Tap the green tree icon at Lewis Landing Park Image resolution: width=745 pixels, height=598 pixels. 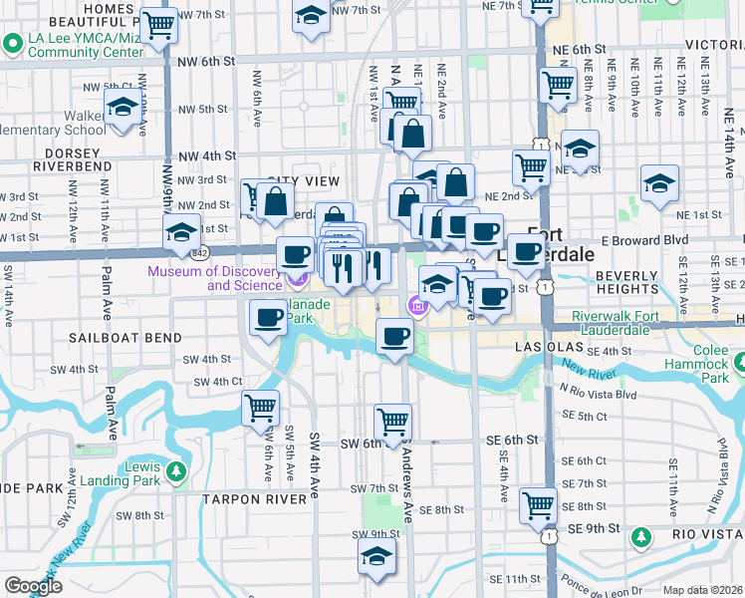tap(177, 470)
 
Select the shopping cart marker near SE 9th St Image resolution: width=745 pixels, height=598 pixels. tap(539, 505)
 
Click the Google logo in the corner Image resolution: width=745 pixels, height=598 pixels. tap(34, 586)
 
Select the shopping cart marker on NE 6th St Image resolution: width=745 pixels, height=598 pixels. tap(558, 84)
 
